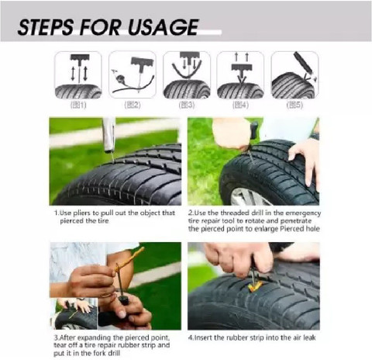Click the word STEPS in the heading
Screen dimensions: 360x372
click(x=49, y=29)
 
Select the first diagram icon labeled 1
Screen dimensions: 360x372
click(x=77, y=74)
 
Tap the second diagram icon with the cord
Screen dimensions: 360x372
click(x=132, y=74)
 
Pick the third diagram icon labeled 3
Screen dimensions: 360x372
click(x=186, y=74)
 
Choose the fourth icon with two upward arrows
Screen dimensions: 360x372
click(x=240, y=74)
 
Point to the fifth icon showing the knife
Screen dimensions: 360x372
click(x=294, y=74)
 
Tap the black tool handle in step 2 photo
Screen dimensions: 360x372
click(x=254, y=132)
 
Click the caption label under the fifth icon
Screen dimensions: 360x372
click(x=294, y=104)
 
